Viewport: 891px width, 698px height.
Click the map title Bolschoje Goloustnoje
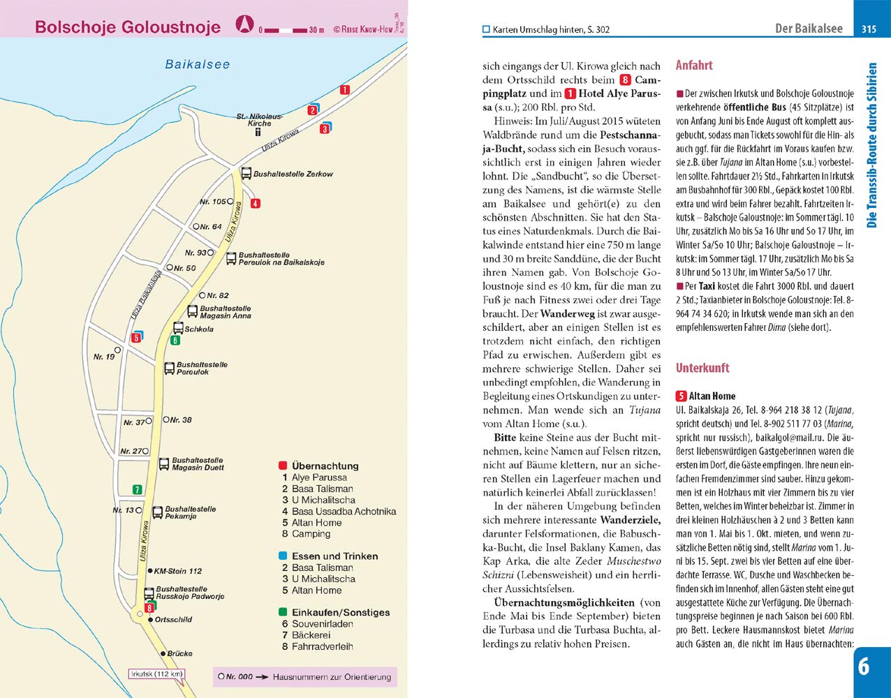coord(128,27)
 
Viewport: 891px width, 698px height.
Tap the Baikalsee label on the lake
coord(198,64)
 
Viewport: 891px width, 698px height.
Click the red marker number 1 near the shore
coord(344,89)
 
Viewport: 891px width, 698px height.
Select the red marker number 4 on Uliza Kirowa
coord(256,204)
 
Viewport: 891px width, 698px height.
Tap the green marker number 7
coord(138,490)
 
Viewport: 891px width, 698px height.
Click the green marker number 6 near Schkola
coord(175,341)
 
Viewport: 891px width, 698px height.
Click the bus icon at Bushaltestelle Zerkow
coord(246,173)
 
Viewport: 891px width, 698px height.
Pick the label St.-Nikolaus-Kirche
coord(259,119)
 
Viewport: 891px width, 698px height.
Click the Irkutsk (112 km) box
coord(156,674)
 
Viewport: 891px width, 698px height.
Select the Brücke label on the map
coord(179,653)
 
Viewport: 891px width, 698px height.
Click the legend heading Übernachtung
coord(325,466)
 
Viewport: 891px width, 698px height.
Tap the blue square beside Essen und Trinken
coord(282,556)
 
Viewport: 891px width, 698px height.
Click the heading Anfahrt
coord(694,66)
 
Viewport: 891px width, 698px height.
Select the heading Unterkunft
coord(702,368)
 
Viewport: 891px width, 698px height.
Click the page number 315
coord(869,29)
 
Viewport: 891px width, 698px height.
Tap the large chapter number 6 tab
coord(864,667)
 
